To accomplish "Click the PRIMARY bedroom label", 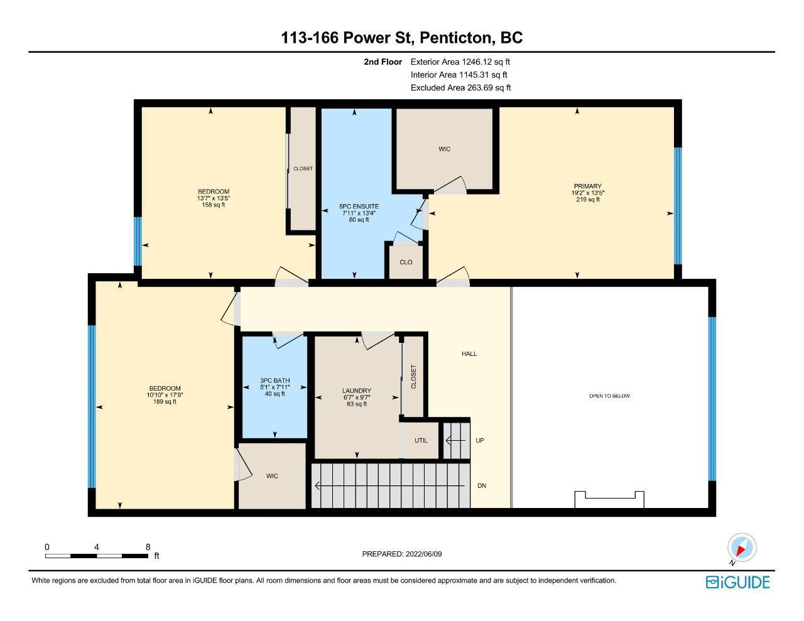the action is click(587, 186).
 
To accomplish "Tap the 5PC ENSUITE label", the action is click(359, 207).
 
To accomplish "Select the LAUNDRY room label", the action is click(356, 391).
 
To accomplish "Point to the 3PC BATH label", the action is click(274, 381).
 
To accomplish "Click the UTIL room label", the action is click(421, 441).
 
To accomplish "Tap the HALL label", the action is click(469, 354).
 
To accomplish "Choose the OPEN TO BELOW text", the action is click(609, 396).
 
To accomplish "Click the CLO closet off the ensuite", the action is click(406, 262).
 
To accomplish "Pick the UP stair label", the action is click(479, 441).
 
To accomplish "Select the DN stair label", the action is click(481, 485).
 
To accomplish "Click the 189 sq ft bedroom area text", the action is click(165, 402).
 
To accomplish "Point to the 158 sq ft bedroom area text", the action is click(213, 205).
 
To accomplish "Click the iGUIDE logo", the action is click(738, 582).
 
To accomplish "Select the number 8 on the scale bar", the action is click(148, 547).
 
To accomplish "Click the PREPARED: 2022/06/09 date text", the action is click(402, 554).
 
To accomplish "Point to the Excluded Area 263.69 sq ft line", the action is click(460, 88).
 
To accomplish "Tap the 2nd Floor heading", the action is click(383, 62).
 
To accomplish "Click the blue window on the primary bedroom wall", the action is click(678, 206).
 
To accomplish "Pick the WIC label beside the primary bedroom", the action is click(444, 149).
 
